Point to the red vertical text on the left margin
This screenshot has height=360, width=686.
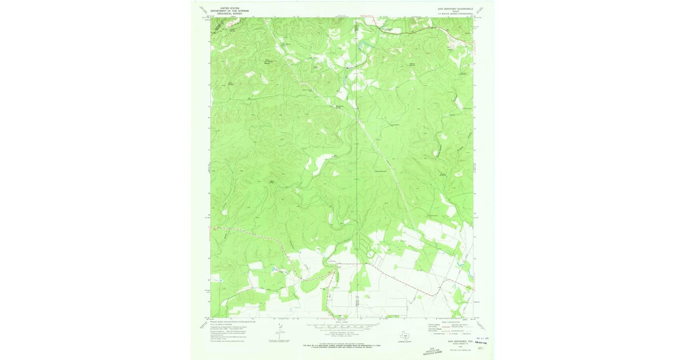pyautogui.click(x=207, y=169)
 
